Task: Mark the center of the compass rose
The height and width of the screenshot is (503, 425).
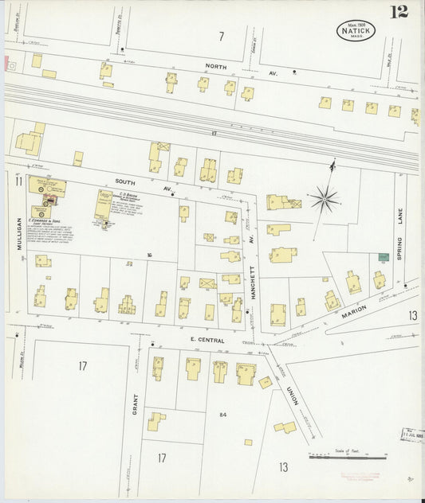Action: (x=324, y=198)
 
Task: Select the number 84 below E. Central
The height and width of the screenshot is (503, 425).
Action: (x=222, y=414)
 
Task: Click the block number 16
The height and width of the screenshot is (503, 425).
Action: (x=148, y=255)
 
